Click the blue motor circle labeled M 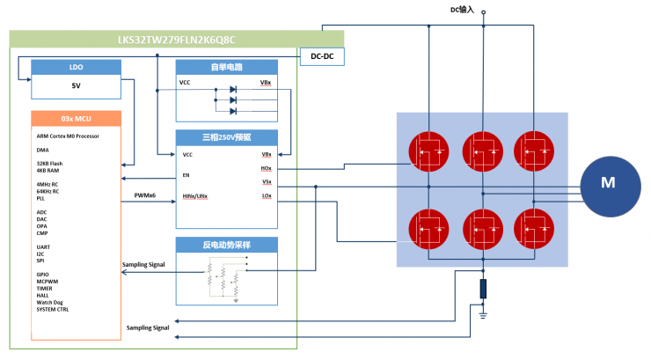click(607, 183)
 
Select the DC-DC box click(322, 56)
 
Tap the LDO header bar click(75, 67)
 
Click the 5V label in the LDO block click(75, 86)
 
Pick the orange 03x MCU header click(75, 118)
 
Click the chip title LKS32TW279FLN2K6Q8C click(177, 39)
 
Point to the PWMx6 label click(144, 195)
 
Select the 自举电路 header click(226, 67)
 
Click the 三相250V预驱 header click(226, 137)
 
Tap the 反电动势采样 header click(226, 244)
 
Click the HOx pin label click(266, 168)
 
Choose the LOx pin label click(266, 195)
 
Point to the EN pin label click(186, 175)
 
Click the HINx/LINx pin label click(194, 195)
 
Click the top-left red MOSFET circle click(429, 151)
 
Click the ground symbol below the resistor click(483, 310)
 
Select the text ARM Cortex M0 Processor click(68, 136)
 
